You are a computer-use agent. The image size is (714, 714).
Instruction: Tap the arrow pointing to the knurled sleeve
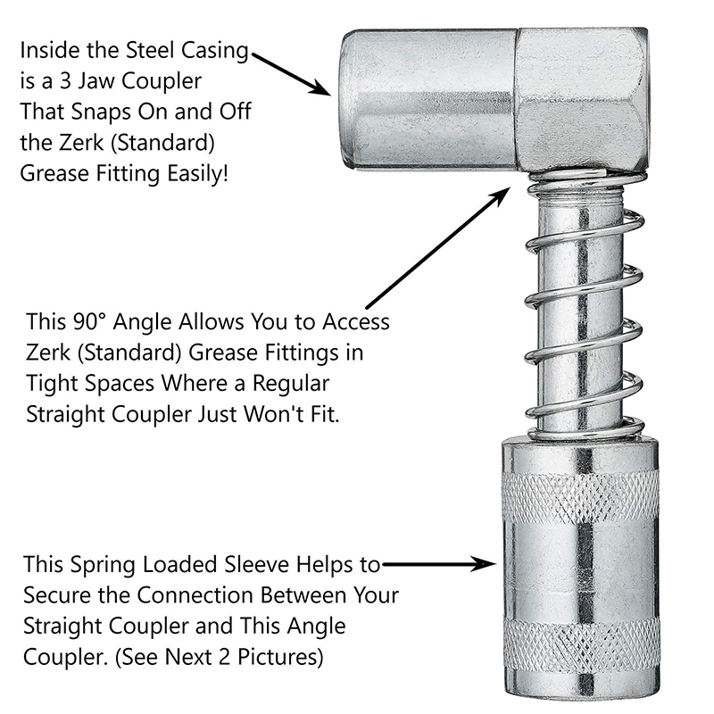tap(437, 564)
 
